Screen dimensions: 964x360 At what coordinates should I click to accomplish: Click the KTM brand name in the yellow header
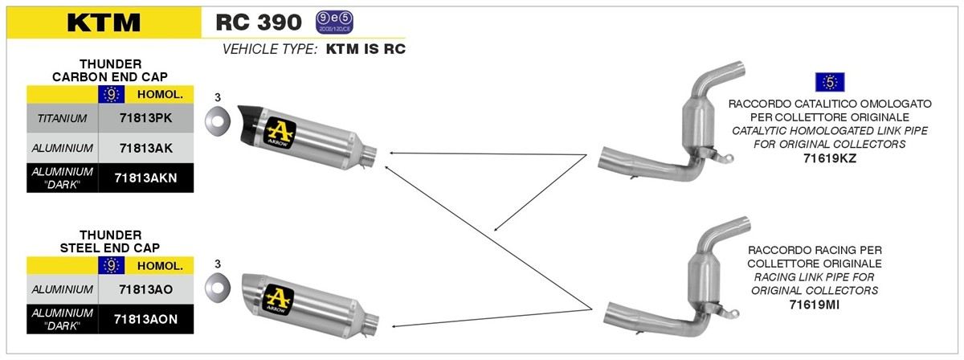104,22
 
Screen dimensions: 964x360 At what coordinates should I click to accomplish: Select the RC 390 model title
259,22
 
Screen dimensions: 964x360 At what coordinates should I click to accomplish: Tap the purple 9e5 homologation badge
334,22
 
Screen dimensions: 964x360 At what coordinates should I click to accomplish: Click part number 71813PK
146,118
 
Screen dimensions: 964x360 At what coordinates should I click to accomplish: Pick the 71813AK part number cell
146,148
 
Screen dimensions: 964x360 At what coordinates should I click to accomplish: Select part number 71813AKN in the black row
146,178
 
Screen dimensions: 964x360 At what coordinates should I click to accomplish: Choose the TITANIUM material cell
62,118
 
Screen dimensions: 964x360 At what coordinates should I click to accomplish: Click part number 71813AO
146,289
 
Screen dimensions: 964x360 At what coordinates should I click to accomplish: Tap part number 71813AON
146,319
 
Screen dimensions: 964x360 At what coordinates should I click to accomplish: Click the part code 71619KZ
830,158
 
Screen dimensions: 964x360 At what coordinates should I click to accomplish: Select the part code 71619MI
815,305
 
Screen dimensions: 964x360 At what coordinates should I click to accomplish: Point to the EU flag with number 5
830,82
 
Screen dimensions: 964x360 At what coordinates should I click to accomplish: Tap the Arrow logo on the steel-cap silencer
279,299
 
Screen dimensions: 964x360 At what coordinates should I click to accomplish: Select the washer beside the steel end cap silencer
218,287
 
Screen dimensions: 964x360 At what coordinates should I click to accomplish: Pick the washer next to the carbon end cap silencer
218,121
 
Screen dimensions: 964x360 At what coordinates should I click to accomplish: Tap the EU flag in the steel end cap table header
112,266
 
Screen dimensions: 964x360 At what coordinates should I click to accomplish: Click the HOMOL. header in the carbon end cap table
160,95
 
